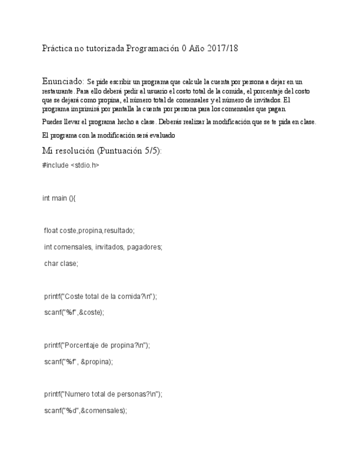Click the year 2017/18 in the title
coord(223,49)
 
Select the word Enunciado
coord(62,81)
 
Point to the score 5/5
coord(153,151)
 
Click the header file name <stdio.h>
coord(85,165)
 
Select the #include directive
coord(55,165)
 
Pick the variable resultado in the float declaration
coord(119,231)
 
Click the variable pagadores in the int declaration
coord(145,247)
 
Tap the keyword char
coord(51,264)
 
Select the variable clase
coord(69,264)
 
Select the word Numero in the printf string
coord(76,394)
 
